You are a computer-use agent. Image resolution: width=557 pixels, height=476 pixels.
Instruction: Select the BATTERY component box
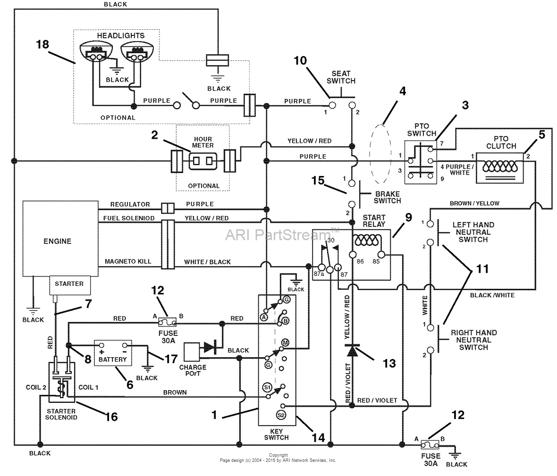click(x=113, y=352)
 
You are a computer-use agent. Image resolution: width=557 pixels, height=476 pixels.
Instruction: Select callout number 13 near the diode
click(x=389, y=363)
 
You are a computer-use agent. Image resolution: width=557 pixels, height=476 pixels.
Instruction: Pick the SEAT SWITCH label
click(x=341, y=77)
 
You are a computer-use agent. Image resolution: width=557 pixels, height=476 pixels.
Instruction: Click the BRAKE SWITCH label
click(x=387, y=197)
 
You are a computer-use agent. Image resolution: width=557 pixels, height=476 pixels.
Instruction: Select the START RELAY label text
click(x=374, y=221)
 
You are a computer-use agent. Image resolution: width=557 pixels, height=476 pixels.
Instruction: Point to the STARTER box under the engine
click(x=69, y=284)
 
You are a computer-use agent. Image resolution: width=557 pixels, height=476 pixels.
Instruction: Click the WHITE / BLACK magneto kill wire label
click(x=207, y=262)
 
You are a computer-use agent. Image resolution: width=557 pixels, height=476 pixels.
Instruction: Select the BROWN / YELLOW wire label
click(x=474, y=203)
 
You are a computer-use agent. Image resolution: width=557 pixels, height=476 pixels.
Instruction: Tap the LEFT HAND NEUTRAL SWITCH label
click(x=473, y=232)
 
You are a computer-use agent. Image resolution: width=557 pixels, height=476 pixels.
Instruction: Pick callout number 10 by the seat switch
click(x=300, y=60)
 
